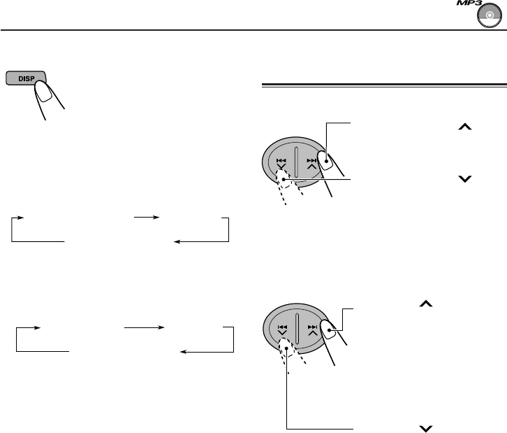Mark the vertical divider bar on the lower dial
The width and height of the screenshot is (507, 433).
tap(297, 330)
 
